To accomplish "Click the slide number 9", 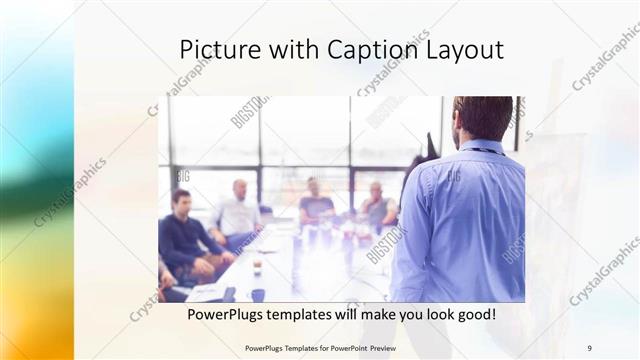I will click(x=589, y=348).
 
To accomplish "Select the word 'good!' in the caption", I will click(x=474, y=315).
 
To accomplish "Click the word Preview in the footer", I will click(x=396, y=348).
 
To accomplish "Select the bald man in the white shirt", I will click(x=237, y=213).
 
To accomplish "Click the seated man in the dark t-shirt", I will click(x=316, y=204).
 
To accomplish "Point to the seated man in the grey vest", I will click(x=377, y=207).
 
